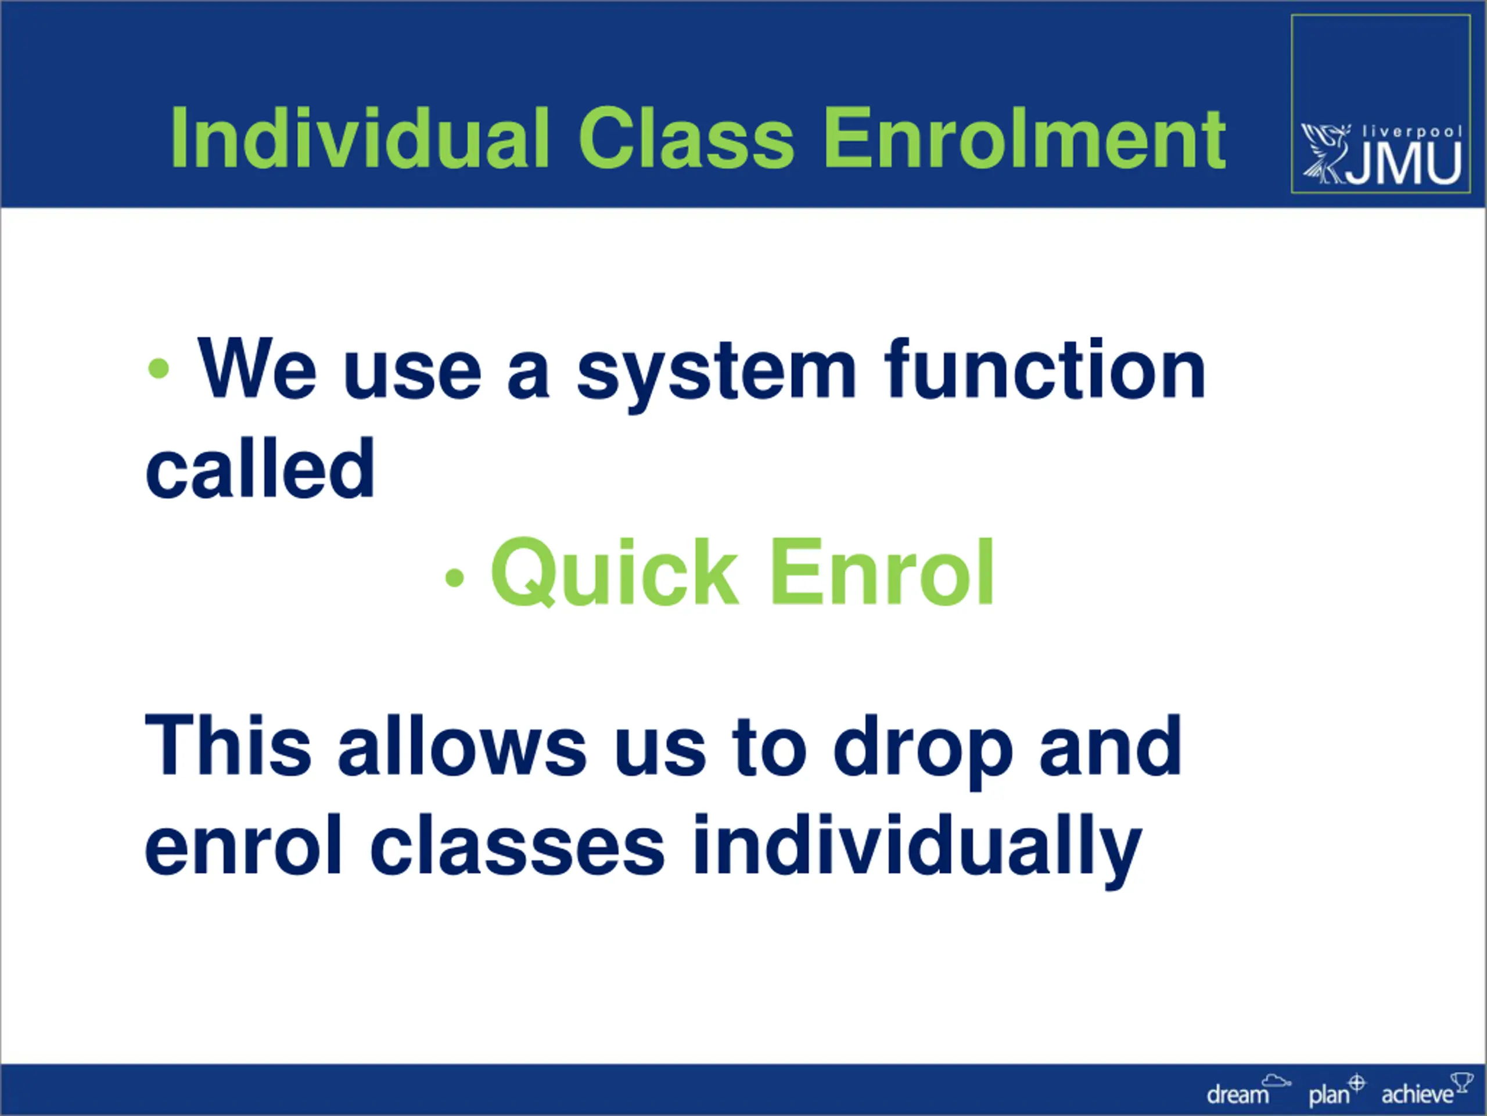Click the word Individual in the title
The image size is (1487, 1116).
coord(360,138)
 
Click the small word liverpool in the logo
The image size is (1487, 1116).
coord(1411,131)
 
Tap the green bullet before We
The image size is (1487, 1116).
coord(159,368)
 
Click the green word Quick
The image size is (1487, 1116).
coord(615,572)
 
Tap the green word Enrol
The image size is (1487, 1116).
coord(881,572)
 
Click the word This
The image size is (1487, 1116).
coord(228,745)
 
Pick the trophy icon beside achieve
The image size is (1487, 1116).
coord(1461,1082)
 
